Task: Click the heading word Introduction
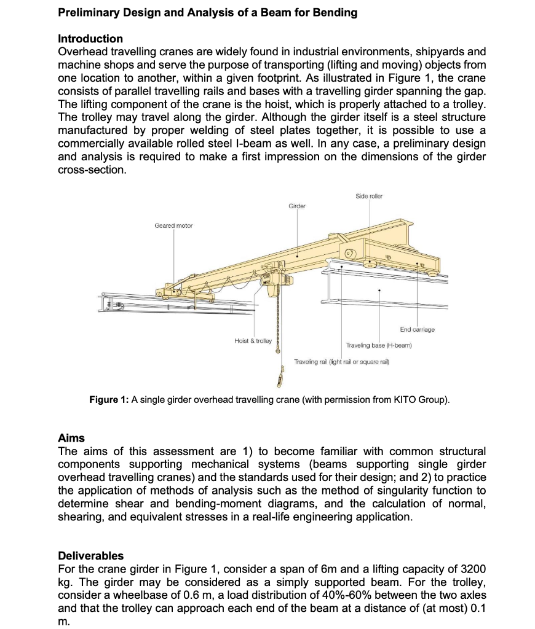click(90, 39)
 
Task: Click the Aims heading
click(71, 438)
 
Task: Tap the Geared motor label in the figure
click(173, 226)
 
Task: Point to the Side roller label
click(369, 196)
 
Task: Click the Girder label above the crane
click(298, 206)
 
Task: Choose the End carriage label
click(417, 330)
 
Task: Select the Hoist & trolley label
click(253, 340)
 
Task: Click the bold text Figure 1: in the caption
click(109, 400)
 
